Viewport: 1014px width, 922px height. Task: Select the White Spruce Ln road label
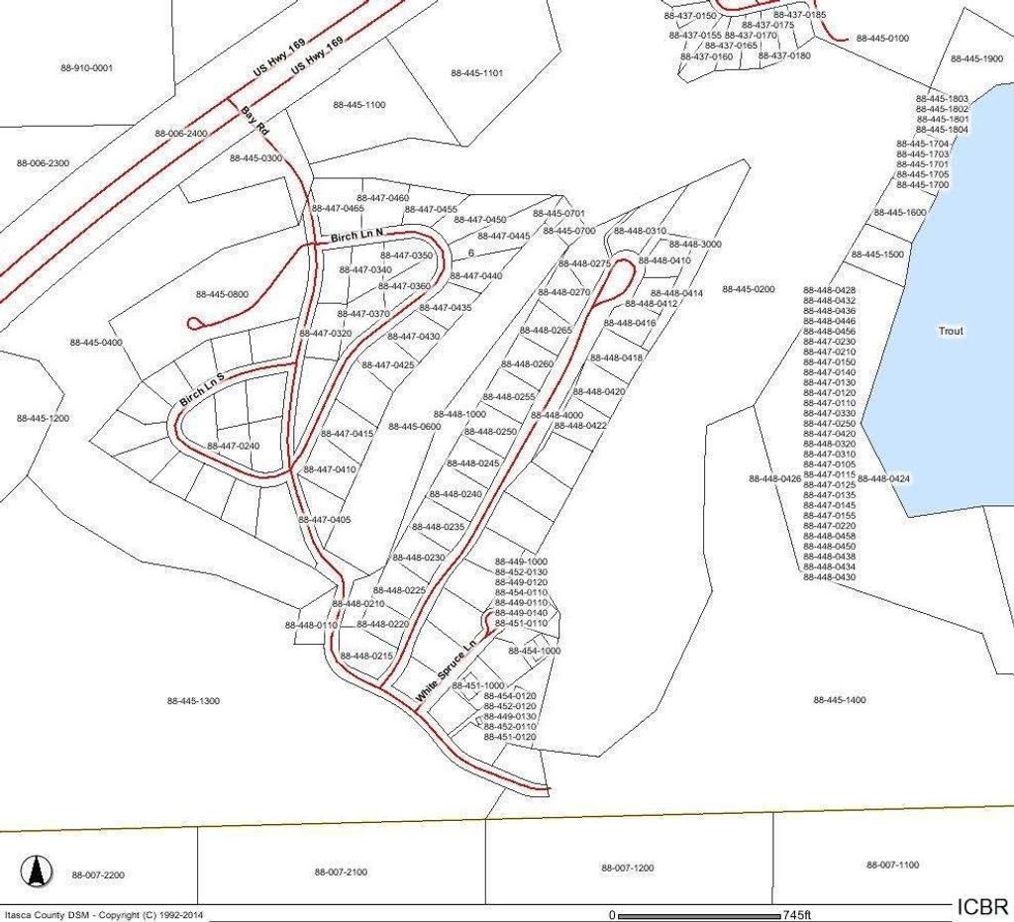pos(447,670)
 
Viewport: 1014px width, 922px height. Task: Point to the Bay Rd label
pos(254,122)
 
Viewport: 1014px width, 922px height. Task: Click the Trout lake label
pos(951,331)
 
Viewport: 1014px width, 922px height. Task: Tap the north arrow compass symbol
pos(37,871)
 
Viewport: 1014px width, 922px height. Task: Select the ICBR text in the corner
pos(982,906)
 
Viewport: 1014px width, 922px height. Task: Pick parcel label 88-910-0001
pos(86,67)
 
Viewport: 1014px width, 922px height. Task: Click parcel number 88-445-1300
pos(193,701)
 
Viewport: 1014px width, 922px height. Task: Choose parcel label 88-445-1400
pos(840,700)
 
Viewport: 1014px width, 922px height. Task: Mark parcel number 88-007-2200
pos(98,875)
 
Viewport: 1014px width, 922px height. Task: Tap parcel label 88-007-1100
pos(893,865)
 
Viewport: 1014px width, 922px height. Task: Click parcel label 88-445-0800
pos(223,294)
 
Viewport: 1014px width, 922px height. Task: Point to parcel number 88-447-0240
pos(233,446)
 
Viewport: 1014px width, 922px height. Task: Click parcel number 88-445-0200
pos(749,289)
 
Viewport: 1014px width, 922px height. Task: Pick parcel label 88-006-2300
pos(44,162)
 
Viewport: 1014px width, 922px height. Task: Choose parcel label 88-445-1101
pos(477,72)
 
